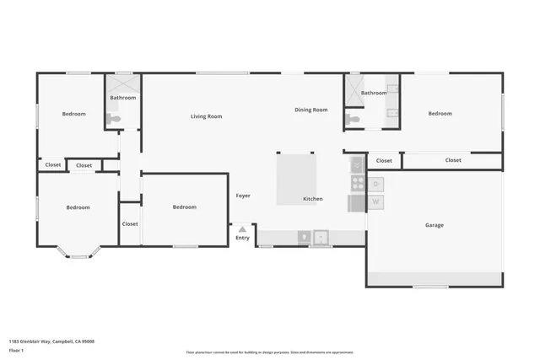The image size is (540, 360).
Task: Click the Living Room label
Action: point(206,116)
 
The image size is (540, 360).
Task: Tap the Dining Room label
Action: point(310,110)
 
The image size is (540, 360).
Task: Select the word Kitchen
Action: point(312,199)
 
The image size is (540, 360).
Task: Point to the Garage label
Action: point(434,225)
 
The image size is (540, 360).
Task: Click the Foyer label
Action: point(243,196)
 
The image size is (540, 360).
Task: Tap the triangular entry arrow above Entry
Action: point(242,228)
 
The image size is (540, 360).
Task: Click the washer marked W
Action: point(376,202)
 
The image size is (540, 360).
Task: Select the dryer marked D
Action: point(376,184)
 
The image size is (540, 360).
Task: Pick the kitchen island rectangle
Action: point(299,173)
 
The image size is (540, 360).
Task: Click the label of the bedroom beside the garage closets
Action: point(440,114)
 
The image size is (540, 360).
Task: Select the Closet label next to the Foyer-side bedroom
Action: point(130,224)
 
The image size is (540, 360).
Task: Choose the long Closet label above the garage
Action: point(453,160)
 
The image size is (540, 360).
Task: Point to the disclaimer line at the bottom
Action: point(269,352)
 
